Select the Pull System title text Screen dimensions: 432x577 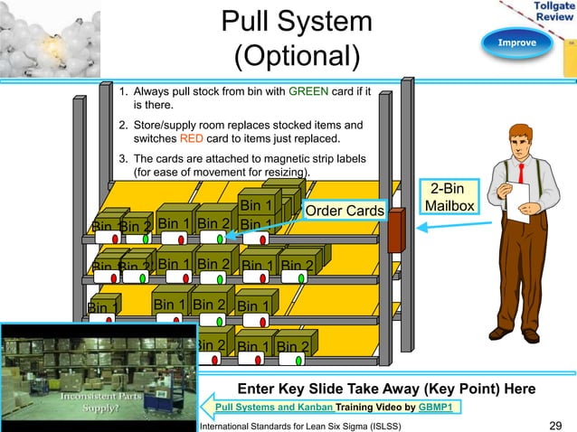tap(297, 22)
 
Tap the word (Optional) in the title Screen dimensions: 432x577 tap(297, 56)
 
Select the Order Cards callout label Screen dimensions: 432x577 tap(344, 211)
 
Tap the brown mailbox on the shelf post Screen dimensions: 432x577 tap(396, 236)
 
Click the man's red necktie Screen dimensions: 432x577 tap(522, 174)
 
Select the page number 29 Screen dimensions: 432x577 tap(557, 425)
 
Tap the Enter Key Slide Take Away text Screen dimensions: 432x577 tap(384, 389)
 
